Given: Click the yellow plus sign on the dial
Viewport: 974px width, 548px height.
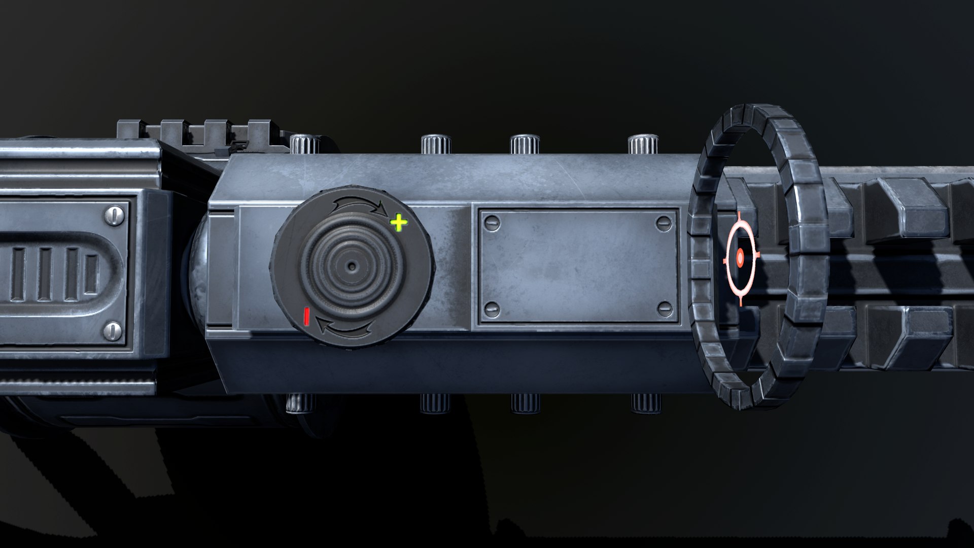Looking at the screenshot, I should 399,222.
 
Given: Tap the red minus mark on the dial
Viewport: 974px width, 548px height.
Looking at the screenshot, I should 306,316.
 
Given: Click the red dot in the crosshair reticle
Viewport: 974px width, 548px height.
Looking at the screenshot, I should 740,258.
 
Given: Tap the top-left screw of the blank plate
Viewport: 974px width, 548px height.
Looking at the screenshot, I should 492,221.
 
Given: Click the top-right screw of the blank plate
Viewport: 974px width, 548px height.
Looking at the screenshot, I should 664,221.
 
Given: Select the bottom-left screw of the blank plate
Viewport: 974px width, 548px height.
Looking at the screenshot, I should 492,307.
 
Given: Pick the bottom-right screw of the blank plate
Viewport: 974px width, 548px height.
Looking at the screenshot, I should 664,307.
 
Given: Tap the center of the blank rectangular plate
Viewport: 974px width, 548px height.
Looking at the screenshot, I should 578,264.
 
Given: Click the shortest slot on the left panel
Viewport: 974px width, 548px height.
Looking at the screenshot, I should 91,275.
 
